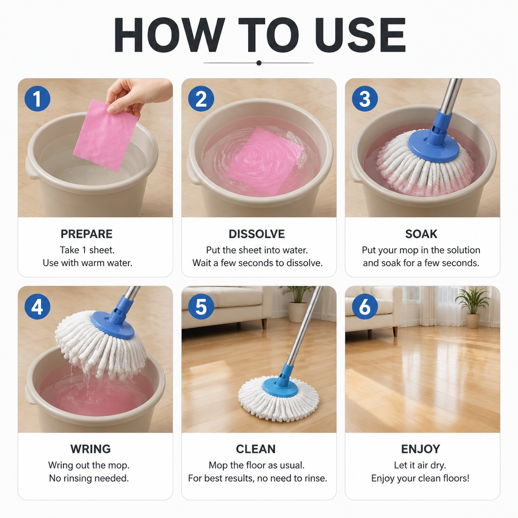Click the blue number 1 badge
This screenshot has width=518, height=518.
pyautogui.click(x=37, y=99)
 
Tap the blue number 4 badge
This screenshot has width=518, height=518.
pyautogui.click(x=37, y=307)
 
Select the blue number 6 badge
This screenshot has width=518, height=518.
pyautogui.click(x=365, y=307)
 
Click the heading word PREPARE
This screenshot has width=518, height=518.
pyautogui.click(x=87, y=234)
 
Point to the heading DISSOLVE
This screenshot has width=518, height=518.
pyautogui.click(x=257, y=234)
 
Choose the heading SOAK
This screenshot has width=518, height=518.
pyautogui.click(x=421, y=234)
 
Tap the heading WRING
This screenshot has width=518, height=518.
pyautogui.click(x=90, y=449)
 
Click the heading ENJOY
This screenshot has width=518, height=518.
pyautogui.click(x=421, y=449)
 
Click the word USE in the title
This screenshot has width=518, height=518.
pyautogui.click(x=361, y=35)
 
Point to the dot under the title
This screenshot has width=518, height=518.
pyautogui.click(x=259, y=63)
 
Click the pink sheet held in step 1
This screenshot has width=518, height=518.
pyautogui.click(x=106, y=135)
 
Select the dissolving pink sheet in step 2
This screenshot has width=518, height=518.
pyautogui.click(x=265, y=161)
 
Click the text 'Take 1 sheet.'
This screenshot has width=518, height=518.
pyautogui.click(x=87, y=250)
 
